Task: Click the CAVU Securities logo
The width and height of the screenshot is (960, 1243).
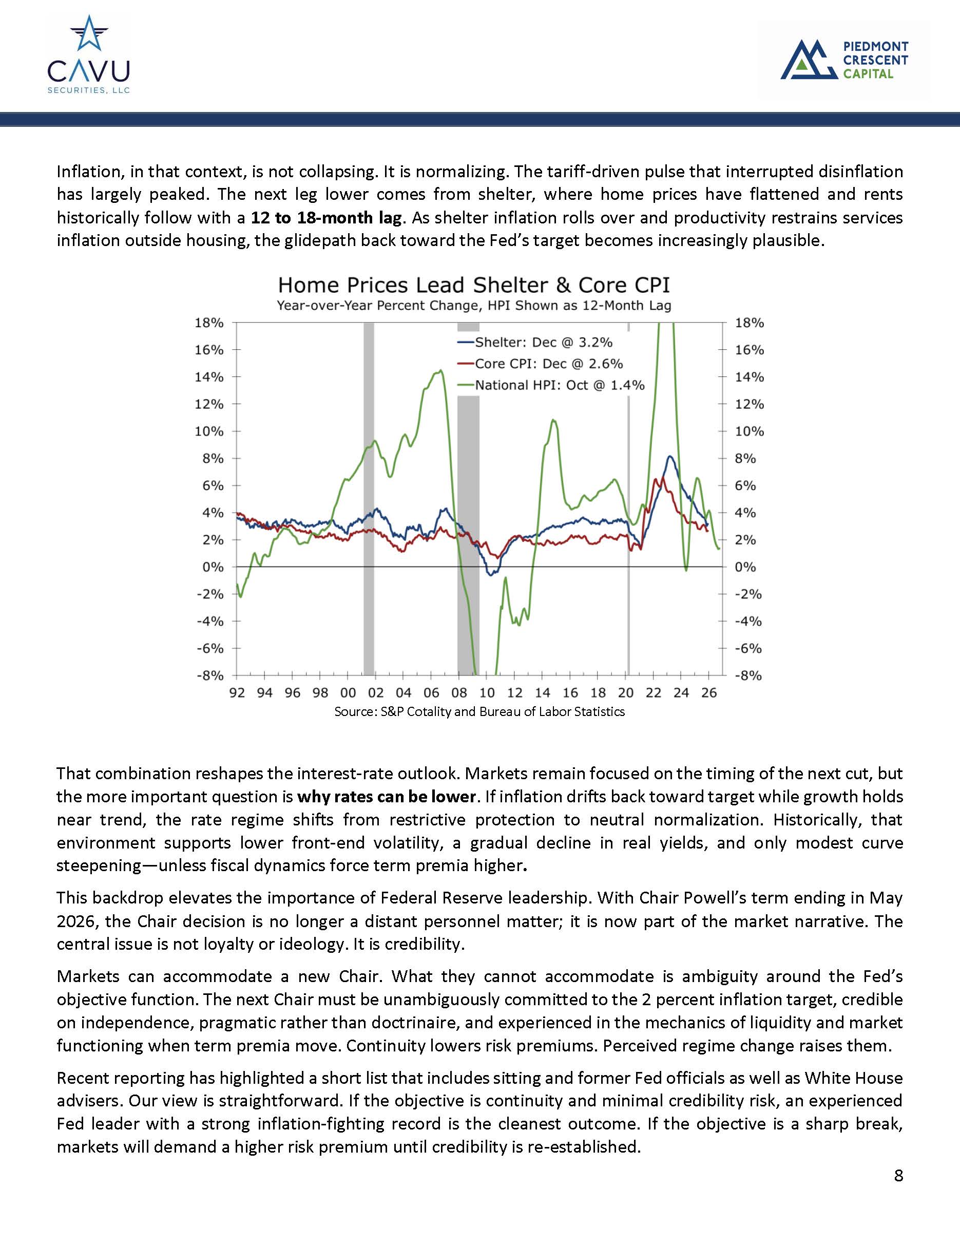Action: tap(89, 54)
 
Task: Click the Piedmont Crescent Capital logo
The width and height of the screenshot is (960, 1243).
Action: tap(844, 59)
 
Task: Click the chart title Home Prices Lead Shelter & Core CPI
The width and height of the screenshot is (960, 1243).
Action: tap(474, 285)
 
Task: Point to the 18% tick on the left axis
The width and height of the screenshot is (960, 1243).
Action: tap(209, 323)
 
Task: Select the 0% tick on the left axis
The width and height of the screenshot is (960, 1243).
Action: tap(213, 567)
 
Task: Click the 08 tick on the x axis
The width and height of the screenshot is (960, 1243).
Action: tap(459, 693)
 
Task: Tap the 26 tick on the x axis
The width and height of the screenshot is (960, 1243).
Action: tap(708, 693)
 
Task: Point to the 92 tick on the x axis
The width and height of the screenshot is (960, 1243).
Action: tap(237, 693)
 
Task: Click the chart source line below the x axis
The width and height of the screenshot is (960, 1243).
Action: tap(479, 711)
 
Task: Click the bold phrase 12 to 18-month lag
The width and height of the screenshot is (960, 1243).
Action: tap(327, 217)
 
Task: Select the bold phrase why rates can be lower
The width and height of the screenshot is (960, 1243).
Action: tap(386, 796)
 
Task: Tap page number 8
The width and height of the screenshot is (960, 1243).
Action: tap(898, 1175)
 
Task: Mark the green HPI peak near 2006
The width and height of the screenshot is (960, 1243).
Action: tap(439, 372)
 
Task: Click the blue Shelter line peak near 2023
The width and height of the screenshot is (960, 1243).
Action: tap(670, 457)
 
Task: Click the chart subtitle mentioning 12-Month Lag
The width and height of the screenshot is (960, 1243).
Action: tap(474, 306)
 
